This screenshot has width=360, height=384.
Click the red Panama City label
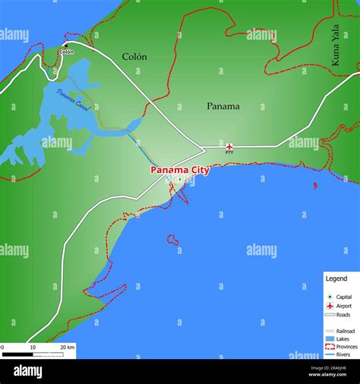[180, 170]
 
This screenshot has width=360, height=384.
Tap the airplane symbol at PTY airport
[229, 146]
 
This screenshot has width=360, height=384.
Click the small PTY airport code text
[229, 153]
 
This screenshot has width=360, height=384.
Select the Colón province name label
[134, 57]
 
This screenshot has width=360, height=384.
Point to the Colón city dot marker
[65, 45]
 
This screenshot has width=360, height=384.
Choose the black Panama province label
[223, 106]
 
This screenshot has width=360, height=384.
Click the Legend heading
[336, 279]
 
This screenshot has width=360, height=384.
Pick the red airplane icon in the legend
[330, 305]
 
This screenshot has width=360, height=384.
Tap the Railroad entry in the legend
[346, 331]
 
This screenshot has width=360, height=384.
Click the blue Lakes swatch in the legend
[330, 338]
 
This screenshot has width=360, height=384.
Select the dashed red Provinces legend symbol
[330, 346]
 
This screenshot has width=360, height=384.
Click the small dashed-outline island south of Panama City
[173, 241]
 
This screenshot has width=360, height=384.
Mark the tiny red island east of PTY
[315, 184]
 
